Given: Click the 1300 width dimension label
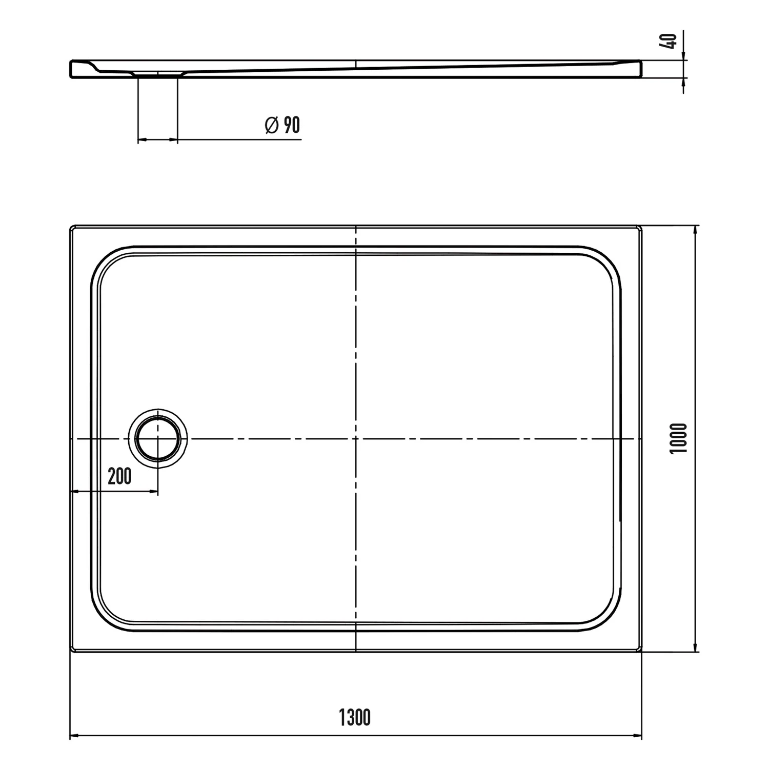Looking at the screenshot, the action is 355,717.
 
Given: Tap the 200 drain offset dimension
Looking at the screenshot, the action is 119,476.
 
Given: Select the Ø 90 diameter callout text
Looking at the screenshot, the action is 282,125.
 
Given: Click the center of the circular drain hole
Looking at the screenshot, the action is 158,439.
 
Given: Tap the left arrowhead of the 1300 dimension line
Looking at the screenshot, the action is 74,737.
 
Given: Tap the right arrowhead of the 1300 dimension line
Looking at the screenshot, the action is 637,737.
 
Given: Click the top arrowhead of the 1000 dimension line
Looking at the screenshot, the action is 696,230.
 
